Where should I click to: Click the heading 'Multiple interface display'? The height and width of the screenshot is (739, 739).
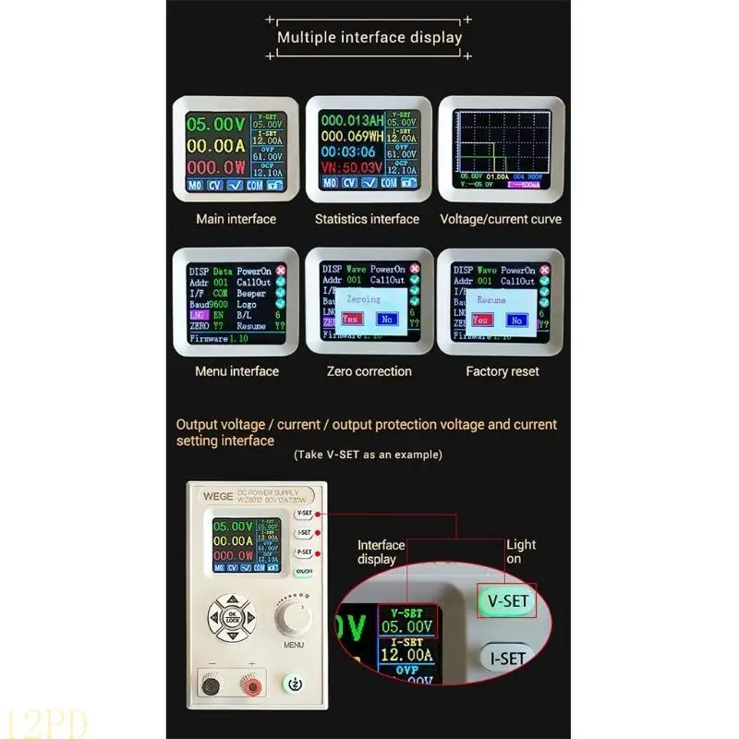(x=369, y=38)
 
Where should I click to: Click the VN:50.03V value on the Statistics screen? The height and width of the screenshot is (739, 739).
(x=350, y=167)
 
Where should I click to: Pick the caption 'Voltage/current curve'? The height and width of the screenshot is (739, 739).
(x=501, y=219)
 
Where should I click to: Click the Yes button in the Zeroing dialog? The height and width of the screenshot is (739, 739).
(x=350, y=319)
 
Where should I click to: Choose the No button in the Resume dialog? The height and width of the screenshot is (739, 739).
(x=516, y=320)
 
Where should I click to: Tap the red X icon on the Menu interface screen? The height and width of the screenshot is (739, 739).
(x=282, y=270)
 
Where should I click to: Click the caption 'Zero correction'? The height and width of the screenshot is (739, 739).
(x=369, y=371)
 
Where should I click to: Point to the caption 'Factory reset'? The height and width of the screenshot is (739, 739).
(x=501, y=371)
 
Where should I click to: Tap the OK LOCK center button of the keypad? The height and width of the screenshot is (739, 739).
(x=231, y=618)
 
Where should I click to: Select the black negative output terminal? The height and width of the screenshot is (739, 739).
(x=212, y=686)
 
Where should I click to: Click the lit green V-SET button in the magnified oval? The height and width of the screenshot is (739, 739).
(x=507, y=601)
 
